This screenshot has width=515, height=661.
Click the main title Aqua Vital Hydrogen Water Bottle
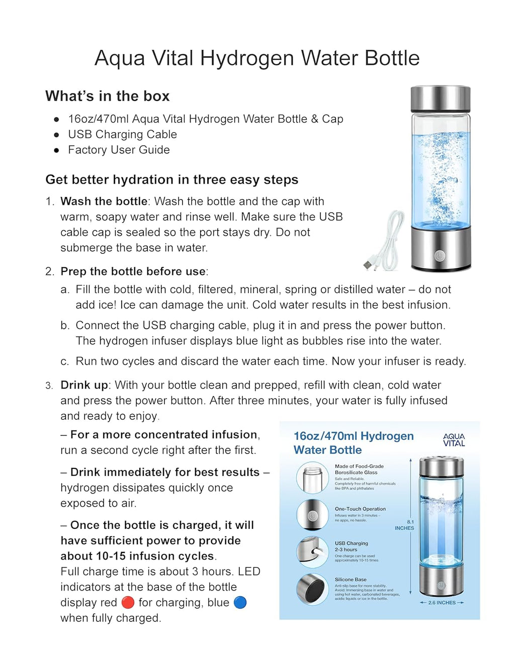257,58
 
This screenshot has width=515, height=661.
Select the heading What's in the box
108,96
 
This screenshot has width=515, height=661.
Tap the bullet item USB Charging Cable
122,134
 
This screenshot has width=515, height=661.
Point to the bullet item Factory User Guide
119,150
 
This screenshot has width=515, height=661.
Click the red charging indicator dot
128,602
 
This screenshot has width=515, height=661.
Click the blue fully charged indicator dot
240,602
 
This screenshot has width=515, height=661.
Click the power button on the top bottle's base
440,255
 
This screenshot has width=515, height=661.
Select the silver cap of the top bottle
440,99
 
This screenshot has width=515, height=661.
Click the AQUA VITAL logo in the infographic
454,440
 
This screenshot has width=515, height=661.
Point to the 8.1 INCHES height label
405,525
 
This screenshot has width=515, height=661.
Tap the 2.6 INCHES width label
442,602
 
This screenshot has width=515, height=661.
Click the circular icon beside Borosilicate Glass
312,478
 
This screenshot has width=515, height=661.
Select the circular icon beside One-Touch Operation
312,515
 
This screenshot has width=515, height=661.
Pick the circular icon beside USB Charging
312,552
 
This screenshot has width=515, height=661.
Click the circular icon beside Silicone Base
312,589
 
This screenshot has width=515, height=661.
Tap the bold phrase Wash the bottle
104,201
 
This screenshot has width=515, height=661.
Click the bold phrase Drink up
84,385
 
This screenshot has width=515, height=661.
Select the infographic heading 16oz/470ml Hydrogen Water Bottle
353,443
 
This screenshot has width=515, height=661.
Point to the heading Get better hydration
171,179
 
